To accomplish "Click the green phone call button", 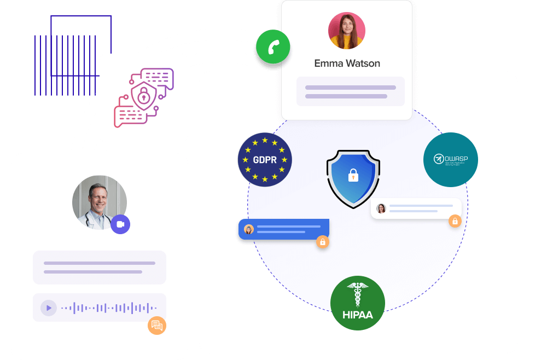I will [x=273, y=47].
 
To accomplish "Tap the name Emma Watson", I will [x=347, y=63].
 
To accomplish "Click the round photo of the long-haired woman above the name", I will [x=347, y=31].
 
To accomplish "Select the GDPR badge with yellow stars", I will [x=265, y=160].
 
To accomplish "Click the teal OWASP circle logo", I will [x=451, y=160].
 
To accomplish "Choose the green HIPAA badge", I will [x=358, y=303].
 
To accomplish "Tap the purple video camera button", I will [x=120, y=224].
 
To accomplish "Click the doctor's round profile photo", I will [x=99, y=202].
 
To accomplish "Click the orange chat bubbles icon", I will [x=157, y=326].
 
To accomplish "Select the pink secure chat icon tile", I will [x=144, y=98].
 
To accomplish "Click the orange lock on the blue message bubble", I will [x=323, y=241].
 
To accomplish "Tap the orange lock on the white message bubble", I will [x=455, y=221].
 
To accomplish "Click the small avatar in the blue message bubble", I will [x=249, y=229].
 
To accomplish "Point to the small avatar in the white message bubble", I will [x=381, y=208].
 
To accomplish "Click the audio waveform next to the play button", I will [x=109, y=308].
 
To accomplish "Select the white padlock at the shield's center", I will [x=353, y=176].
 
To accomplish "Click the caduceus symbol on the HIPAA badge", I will [x=358, y=295].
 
